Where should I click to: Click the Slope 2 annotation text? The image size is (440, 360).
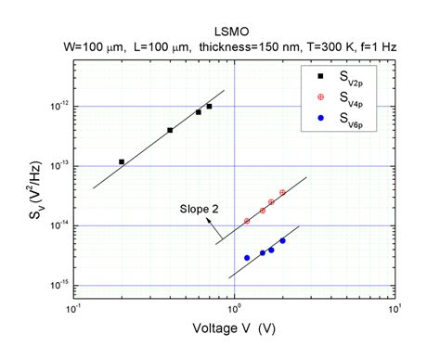[200, 210]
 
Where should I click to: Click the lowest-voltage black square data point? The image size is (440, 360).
[122, 161]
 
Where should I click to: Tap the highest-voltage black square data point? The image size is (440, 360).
[209, 107]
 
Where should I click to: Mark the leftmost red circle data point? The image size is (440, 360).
[247, 221]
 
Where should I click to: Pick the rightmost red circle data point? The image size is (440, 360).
[282, 192]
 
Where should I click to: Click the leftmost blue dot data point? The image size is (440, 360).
[247, 258]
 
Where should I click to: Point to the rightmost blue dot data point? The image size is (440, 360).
[282, 241]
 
